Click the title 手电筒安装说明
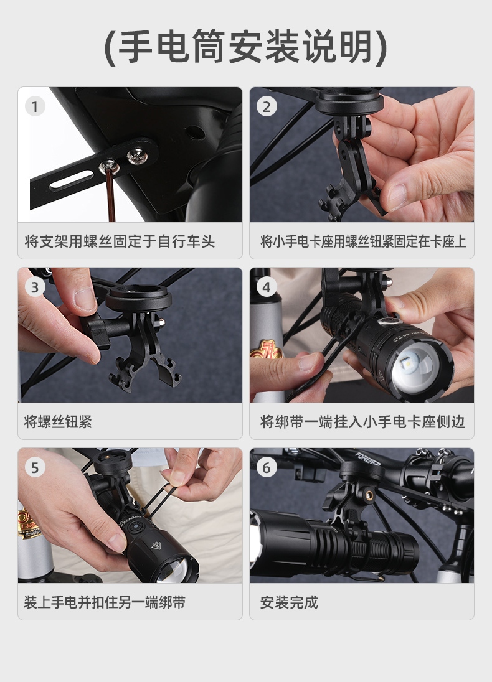(x=246, y=47)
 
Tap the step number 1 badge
(x=35, y=106)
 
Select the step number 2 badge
(x=267, y=106)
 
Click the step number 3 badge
(x=35, y=287)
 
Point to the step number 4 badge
(x=267, y=287)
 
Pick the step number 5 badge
(x=35, y=467)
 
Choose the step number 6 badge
(x=267, y=467)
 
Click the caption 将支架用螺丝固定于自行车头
(x=120, y=241)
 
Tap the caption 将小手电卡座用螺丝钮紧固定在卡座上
(x=363, y=241)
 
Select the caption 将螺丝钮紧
(x=58, y=421)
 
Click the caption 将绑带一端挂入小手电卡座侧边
(x=362, y=421)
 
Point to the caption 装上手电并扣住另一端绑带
(x=105, y=602)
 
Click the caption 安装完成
(x=289, y=602)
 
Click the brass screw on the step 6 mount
(x=369, y=495)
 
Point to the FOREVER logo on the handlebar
(x=368, y=458)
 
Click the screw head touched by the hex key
(x=108, y=165)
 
